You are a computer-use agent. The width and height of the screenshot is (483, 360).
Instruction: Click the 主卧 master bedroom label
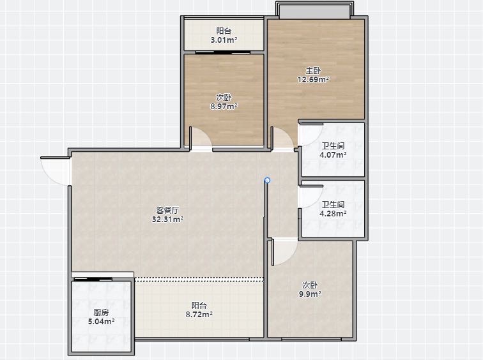[x=313, y=70]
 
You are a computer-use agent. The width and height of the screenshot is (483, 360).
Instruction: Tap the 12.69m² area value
[x=313, y=80]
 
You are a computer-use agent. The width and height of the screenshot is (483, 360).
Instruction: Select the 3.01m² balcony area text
[x=224, y=40]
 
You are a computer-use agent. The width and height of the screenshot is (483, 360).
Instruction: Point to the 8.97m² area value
[x=224, y=107]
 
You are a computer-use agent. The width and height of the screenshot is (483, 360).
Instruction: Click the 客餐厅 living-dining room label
[x=167, y=211]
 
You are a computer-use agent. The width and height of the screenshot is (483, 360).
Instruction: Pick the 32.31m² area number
[x=167, y=220]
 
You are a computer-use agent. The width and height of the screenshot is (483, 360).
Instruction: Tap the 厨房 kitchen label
[x=101, y=313]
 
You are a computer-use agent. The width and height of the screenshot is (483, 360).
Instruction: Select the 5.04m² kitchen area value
[x=101, y=322]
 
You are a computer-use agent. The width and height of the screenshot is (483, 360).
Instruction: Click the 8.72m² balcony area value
[x=199, y=315]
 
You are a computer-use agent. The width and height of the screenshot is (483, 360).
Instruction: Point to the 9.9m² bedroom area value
[x=310, y=294]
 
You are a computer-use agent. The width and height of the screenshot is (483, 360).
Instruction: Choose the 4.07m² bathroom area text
[x=333, y=154]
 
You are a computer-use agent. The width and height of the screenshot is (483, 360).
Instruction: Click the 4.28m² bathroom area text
[x=333, y=214]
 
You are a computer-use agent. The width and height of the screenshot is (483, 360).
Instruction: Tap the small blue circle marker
[x=267, y=180]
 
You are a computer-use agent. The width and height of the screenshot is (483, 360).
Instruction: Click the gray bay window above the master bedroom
[x=314, y=11]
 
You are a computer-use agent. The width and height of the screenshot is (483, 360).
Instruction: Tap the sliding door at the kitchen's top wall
[x=93, y=280]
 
